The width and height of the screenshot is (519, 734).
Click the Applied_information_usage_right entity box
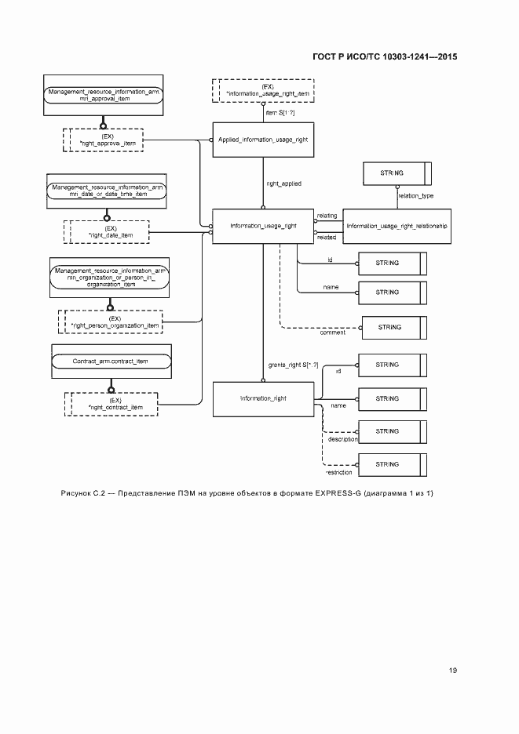coord(263,140)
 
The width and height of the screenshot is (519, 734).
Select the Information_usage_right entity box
coord(263,225)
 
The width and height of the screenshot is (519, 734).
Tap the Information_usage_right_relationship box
coord(397,225)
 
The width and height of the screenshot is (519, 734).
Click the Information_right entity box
coord(263,398)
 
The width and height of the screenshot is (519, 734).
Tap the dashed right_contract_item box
coord(111,404)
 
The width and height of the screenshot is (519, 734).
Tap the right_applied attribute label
coord(284,183)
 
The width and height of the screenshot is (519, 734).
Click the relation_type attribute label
coord(416,196)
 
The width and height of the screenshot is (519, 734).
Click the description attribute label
coord(343,439)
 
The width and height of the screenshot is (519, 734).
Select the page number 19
coord(452,670)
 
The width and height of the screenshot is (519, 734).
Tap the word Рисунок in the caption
coord(77,493)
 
